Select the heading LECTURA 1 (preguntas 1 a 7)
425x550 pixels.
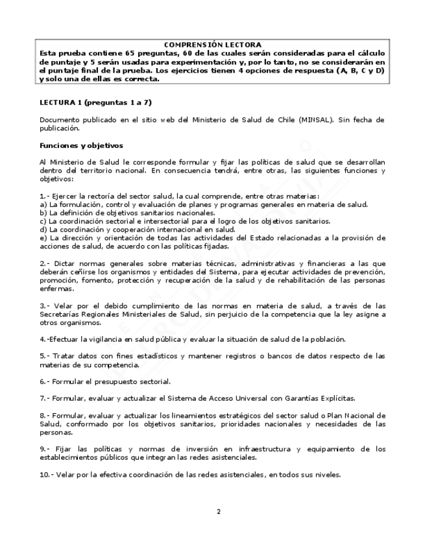95,102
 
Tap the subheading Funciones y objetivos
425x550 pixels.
81,145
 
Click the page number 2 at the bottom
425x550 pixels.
219,511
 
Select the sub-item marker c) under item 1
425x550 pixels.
43,221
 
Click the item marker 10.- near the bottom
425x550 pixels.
46,474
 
